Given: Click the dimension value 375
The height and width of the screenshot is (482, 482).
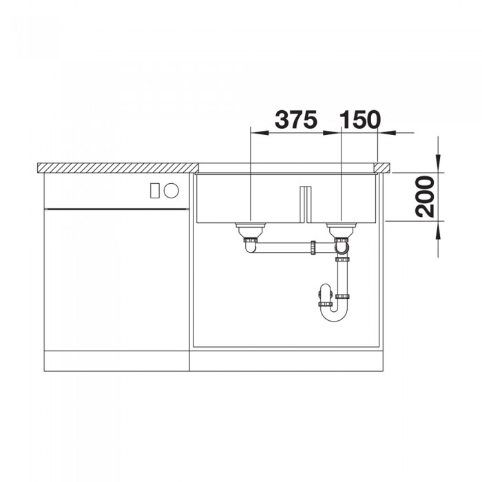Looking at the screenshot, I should pyautogui.click(x=295, y=120).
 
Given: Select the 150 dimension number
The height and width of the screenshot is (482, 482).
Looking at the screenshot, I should pyautogui.click(x=360, y=120).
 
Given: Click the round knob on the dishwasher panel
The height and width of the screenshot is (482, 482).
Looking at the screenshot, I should pyautogui.click(x=171, y=189).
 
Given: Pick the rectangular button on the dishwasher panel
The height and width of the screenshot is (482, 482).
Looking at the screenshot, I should pyautogui.click(x=155, y=189).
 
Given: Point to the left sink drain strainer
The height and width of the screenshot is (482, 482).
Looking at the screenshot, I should pyautogui.click(x=249, y=227).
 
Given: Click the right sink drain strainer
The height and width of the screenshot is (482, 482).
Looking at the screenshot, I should pyautogui.click(x=341, y=227).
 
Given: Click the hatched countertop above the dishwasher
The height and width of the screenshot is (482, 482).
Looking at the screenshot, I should pyautogui.click(x=117, y=167).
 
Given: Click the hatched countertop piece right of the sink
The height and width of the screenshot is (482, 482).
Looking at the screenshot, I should pyautogui.click(x=383, y=167).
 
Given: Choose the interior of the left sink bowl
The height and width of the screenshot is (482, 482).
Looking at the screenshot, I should pyautogui.click(x=248, y=200).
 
